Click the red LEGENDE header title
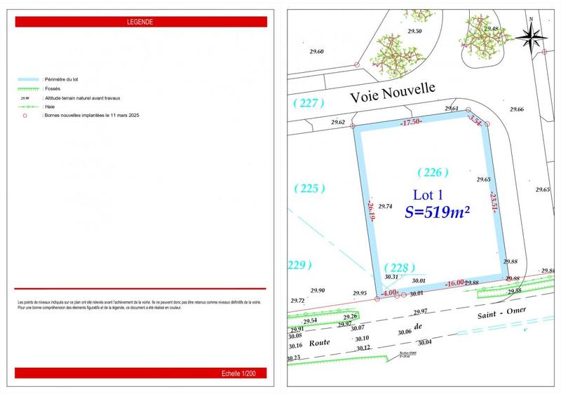(x=140, y=22)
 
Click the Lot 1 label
(x=427, y=196)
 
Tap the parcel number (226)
(x=433, y=172)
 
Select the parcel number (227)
(x=309, y=104)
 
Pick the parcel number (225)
(x=309, y=188)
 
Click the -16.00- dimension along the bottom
(x=454, y=283)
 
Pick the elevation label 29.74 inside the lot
(x=385, y=207)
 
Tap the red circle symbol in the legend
(x=25, y=115)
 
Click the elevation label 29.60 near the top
(x=317, y=52)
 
